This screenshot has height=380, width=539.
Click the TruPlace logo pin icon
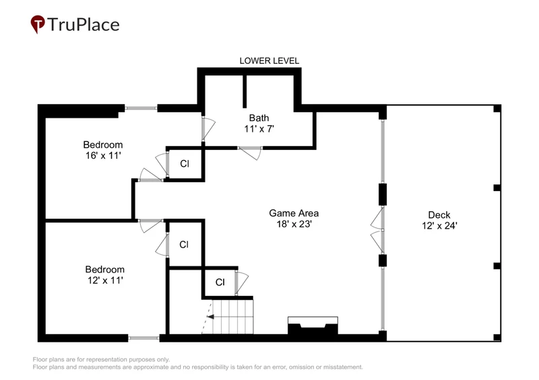pyautogui.click(x=38, y=24)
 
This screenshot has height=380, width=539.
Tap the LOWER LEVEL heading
pyautogui.click(x=269, y=61)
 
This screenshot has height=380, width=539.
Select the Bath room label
pyautogui.click(x=259, y=118)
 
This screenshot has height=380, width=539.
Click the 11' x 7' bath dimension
pyautogui.click(x=259, y=128)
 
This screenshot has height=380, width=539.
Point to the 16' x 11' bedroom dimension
pyautogui.click(x=103, y=155)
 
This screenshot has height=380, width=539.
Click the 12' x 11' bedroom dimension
pyautogui.click(x=105, y=280)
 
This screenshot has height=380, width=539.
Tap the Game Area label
pyautogui.click(x=294, y=213)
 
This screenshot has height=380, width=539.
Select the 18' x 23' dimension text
pyautogui.click(x=294, y=224)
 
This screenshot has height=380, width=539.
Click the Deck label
pyautogui.click(x=439, y=215)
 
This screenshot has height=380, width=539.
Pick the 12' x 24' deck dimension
pyautogui.click(x=440, y=225)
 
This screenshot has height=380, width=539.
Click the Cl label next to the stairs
pyautogui.click(x=220, y=282)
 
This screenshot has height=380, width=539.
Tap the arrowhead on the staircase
pyautogui.click(x=210, y=317)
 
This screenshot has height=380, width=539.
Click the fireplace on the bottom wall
pyautogui.click(x=313, y=326)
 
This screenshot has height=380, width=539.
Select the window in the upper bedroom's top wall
pyautogui.click(x=141, y=108)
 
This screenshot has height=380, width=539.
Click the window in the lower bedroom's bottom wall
pyautogui.click(x=144, y=338)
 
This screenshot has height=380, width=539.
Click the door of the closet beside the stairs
pyautogui.click(x=241, y=282)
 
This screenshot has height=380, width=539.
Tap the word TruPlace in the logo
pyautogui.click(x=84, y=25)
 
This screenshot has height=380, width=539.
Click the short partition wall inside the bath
pyautogui.click(x=245, y=91)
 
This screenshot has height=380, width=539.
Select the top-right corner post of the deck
pyautogui.click(x=497, y=108)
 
